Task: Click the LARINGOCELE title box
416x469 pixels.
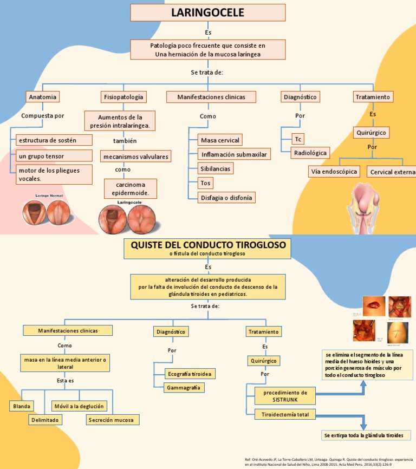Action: click(208, 12)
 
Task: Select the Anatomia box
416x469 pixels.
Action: click(42, 97)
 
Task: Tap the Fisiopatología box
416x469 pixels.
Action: click(123, 97)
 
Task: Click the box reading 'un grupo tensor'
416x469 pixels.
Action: click(54, 157)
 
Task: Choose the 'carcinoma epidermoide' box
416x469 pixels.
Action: click(130, 189)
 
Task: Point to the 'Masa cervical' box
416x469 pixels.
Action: click(219, 140)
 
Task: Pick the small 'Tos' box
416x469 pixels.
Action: click(205, 183)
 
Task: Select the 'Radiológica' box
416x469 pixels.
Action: click(310, 153)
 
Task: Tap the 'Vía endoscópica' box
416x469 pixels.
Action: click(334, 172)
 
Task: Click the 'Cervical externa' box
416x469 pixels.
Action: click(391, 172)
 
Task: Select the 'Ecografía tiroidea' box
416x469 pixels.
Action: click(190, 374)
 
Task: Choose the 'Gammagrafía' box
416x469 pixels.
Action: click(184, 388)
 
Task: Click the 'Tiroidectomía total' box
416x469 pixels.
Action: click(285, 415)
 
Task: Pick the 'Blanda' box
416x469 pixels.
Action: click(22, 406)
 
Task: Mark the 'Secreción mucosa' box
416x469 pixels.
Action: click(113, 420)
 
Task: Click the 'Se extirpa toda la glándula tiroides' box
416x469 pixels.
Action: click(363, 435)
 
